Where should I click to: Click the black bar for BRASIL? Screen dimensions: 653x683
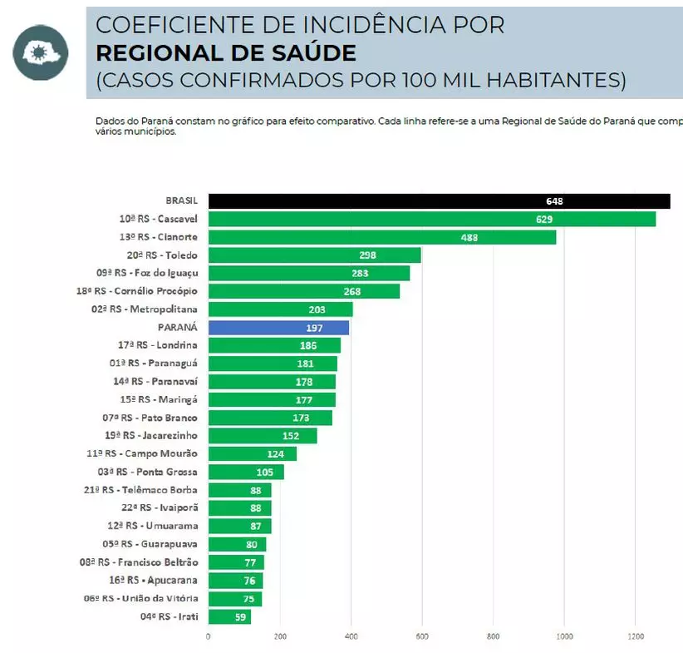tap(439, 201)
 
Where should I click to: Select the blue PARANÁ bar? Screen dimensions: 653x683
tap(278, 328)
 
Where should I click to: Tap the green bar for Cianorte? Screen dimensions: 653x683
tap(381, 237)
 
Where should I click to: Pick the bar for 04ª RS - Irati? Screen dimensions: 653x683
tap(229, 616)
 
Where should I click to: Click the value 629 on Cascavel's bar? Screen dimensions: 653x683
tap(544, 220)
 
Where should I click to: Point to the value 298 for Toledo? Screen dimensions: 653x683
tap(368, 255)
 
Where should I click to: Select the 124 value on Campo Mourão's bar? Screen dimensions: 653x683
tap(276, 454)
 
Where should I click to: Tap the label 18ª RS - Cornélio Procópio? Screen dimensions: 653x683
tap(137, 291)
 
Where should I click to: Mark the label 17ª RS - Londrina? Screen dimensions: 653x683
tap(158, 345)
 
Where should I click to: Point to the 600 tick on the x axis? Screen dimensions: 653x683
tap(421, 638)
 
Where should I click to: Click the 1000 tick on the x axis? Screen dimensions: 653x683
tap(564, 638)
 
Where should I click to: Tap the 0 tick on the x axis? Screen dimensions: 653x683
tap(208, 638)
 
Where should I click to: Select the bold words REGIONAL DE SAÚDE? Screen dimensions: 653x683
tap(226, 53)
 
